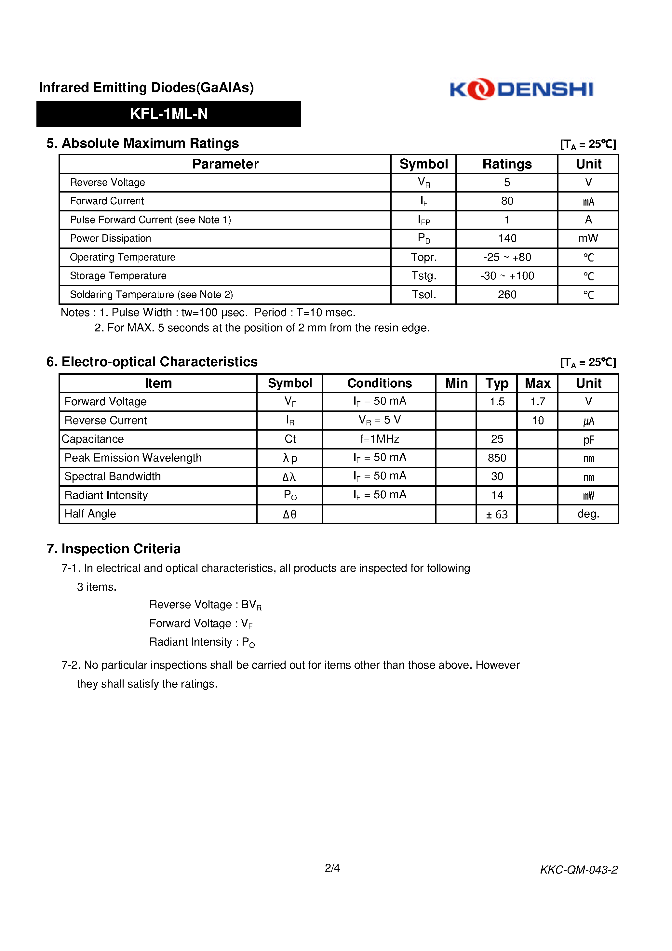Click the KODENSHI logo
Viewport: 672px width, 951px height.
click(x=521, y=89)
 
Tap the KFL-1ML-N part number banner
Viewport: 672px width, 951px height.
click(x=168, y=114)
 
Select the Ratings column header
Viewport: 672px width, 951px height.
click(x=507, y=164)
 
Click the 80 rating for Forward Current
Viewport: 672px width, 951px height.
click(x=507, y=201)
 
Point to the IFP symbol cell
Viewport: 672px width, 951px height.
click(x=423, y=220)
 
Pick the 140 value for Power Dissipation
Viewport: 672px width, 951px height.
click(x=507, y=239)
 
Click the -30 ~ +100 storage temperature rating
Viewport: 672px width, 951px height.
click(x=507, y=276)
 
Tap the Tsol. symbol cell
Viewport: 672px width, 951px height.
click(x=423, y=294)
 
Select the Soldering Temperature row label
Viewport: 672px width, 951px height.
click(x=151, y=294)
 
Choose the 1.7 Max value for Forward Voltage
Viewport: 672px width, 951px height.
click(x=537, y=401)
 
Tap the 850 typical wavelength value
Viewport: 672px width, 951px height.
click(x=497, y=458)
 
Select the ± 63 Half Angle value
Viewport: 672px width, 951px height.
click(x=497, y=515)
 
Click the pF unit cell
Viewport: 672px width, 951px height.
click(x=588, y=439)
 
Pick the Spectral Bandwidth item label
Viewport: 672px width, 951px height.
click(x=112, y=476)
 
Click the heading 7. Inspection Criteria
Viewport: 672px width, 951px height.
click(x=114, y=549)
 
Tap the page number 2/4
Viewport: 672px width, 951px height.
click(x=332, y=868)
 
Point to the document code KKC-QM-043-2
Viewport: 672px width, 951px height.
click(x=578, y=870)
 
